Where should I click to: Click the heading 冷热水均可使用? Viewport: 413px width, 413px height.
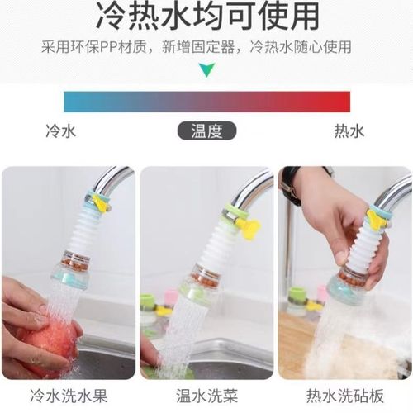(x=206, y=17)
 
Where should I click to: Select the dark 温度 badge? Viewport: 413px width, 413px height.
(x=206, y=131)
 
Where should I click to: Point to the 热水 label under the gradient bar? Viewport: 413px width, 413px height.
(x=349, y=131)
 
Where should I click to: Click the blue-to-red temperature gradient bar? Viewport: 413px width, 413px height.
(x=206, y=102)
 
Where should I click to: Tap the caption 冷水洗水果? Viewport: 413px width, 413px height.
(x=68, y=396)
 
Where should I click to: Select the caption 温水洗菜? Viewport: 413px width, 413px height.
(x=206, y=396)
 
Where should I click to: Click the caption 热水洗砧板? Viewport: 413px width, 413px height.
(x=344, y=396)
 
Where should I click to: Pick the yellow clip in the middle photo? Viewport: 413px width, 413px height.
(x=249, y=227)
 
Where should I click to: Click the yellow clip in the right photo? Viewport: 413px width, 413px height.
(x=378, y=220)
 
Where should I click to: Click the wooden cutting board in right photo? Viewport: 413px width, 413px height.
(x=293, y=347)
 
